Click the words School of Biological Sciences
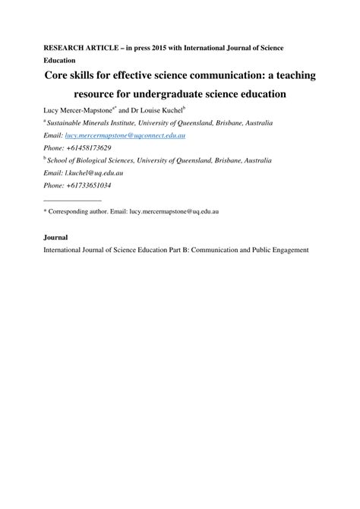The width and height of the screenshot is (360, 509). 94,160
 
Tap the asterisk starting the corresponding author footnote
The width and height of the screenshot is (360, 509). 45,213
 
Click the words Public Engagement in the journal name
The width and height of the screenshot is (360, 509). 282,250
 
